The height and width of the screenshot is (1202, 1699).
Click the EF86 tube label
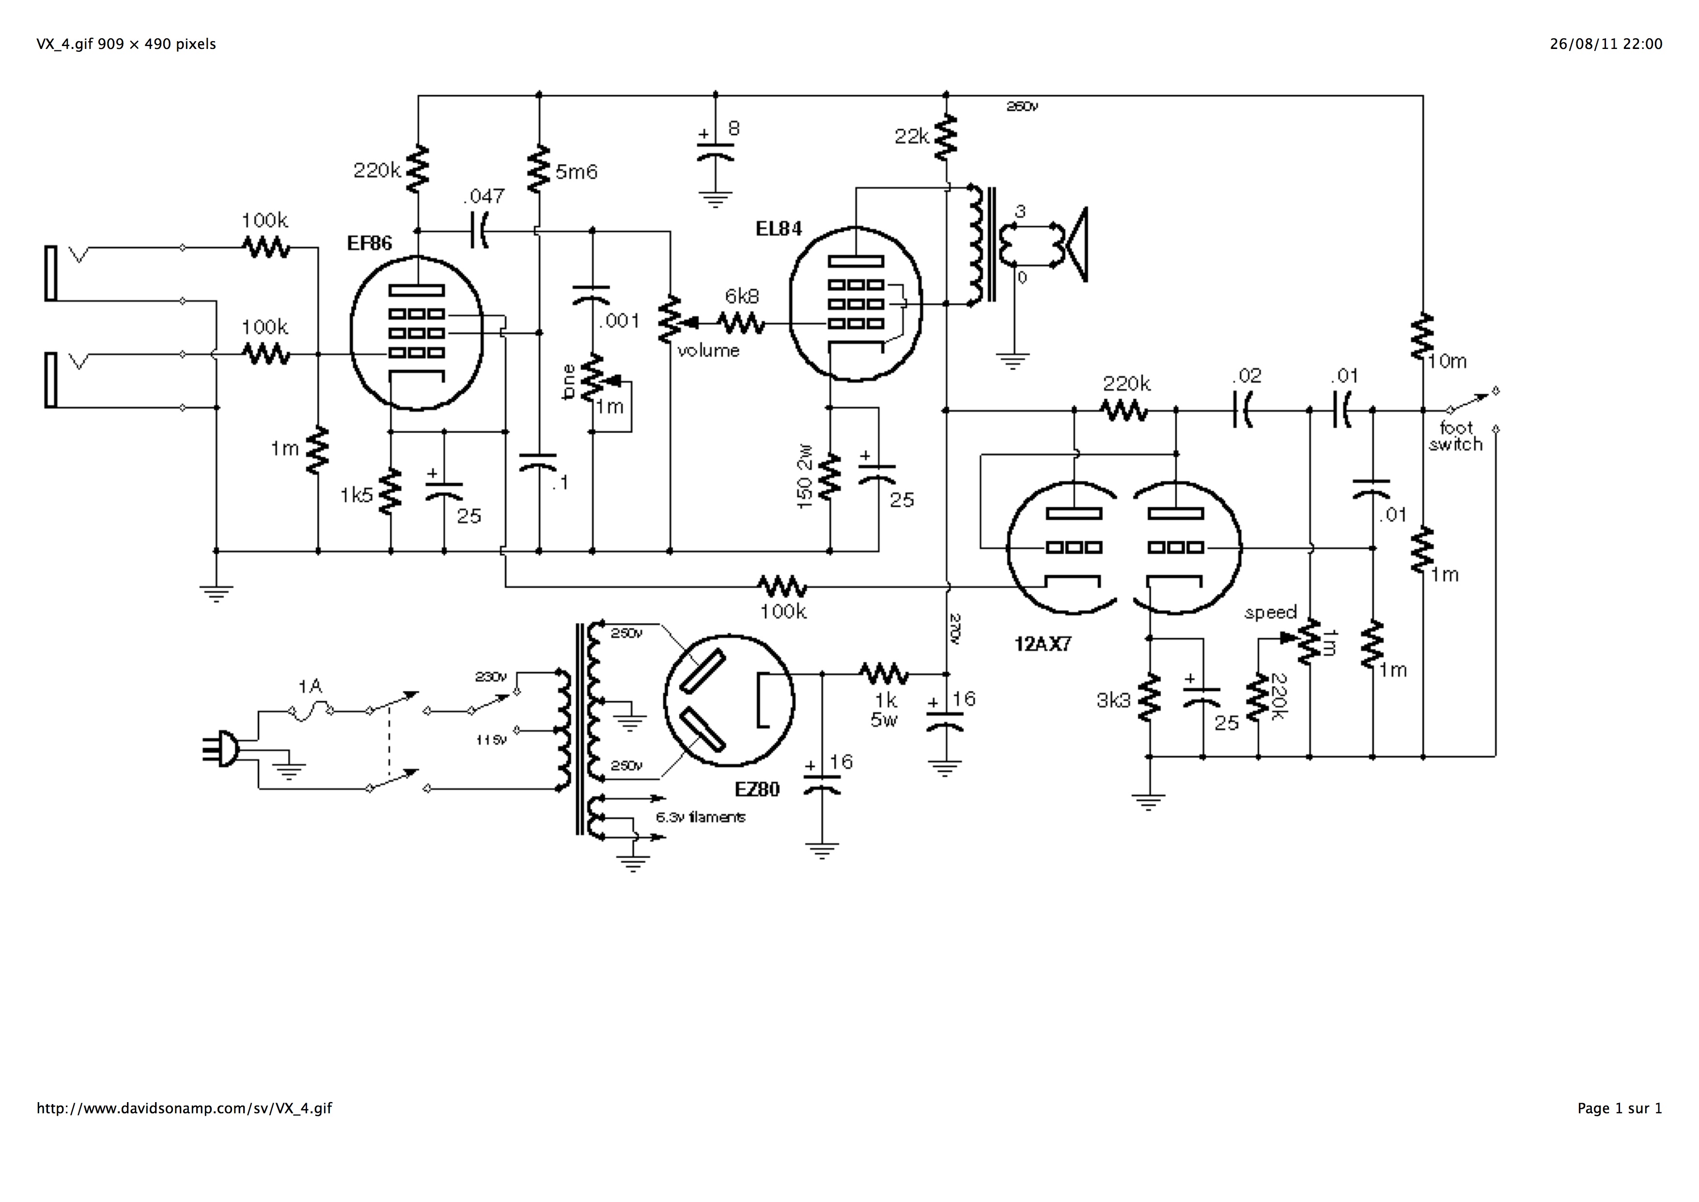[369, 243]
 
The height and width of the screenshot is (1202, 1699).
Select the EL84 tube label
[779, 229]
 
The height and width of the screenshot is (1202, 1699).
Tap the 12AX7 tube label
[1043, 644]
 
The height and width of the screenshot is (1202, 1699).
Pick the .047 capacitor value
[484, 196]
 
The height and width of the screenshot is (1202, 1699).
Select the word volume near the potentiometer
[708, 351]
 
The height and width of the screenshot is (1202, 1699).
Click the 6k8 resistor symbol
[741, 323]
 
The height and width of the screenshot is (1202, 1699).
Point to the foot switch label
[1455, 437]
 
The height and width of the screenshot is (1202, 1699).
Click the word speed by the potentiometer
[1271, 613]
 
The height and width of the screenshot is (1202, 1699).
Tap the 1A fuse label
[310, 687]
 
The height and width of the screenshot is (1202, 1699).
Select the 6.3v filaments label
[700, 817]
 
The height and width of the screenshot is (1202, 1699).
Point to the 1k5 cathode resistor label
[356, 495]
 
